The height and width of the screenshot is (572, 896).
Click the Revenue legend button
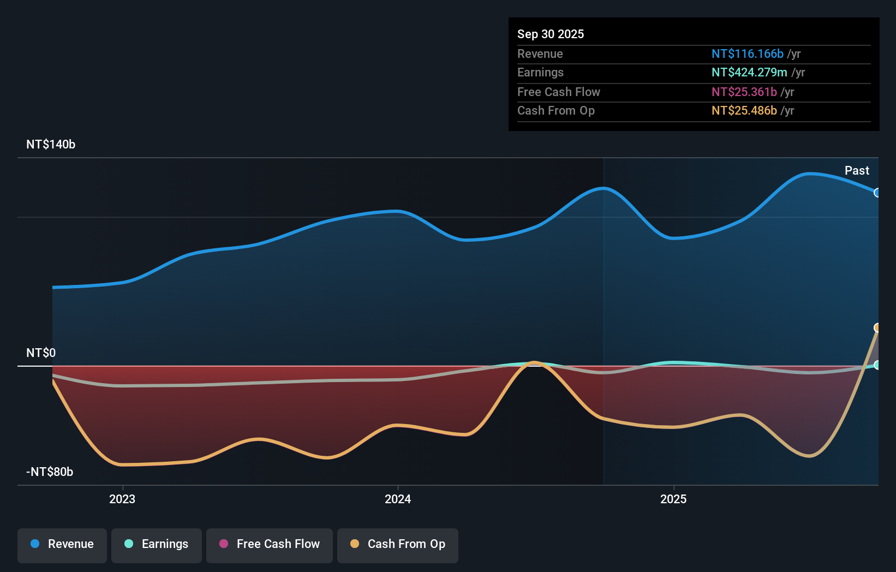[x=62, y=545]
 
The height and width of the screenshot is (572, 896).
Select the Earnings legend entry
[x=157, y=545]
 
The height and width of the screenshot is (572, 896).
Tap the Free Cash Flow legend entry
[x=270, y=545]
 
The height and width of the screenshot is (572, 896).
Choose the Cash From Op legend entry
[x=398, y=545]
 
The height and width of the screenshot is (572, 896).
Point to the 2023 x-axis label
[x=122, y=499]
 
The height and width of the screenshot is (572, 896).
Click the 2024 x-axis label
[x=398, y=499]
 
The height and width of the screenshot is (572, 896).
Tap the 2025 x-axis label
[x=673, y=499]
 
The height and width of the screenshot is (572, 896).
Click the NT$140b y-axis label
[x=51, y=145]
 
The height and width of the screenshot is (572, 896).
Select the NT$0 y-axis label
[x=41, y=353]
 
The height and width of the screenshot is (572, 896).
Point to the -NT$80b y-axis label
[x=50, y=472]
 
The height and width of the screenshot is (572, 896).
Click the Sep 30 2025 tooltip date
[x=551, y=34]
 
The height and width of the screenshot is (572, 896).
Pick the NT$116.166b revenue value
[x=747, y=54]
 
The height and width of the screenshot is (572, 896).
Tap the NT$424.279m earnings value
[x=749, y=73]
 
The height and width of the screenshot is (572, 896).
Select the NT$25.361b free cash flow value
[x=744, y=92]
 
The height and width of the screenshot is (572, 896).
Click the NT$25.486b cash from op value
[x=744, y=111]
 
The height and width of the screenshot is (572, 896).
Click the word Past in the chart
[x=857, y=171]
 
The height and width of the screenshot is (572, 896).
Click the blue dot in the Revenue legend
[x=35, y=544]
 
